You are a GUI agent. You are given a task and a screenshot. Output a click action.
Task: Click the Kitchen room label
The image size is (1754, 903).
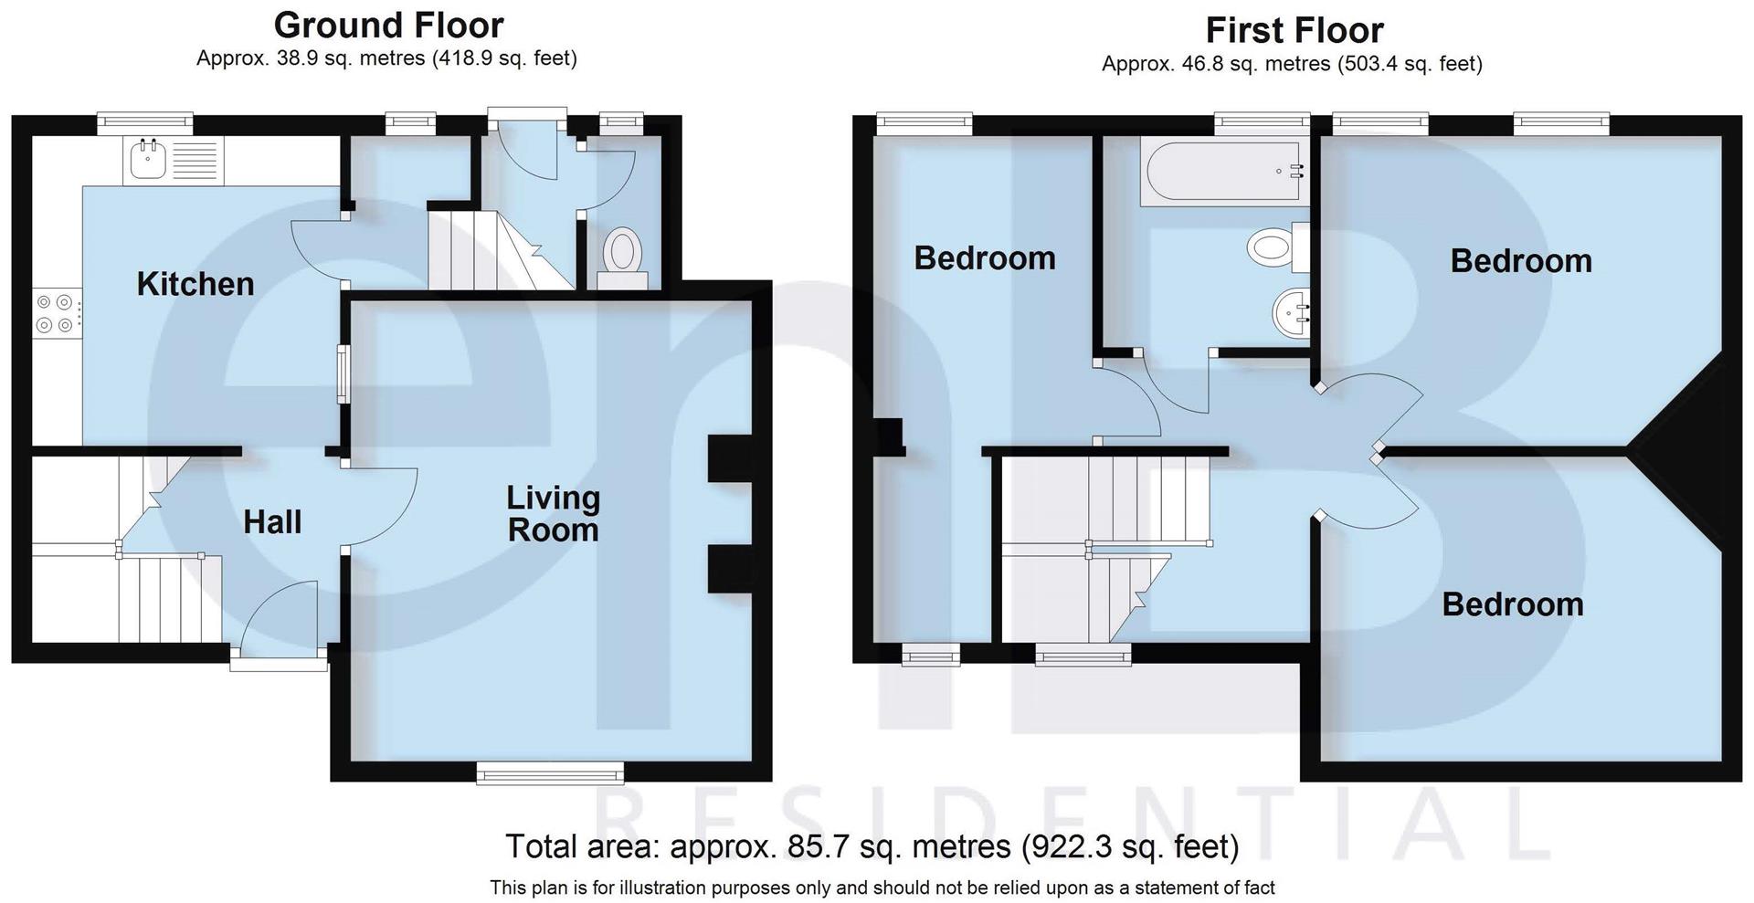coord(195,284)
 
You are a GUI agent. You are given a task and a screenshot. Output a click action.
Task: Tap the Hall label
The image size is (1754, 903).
coord(272,522)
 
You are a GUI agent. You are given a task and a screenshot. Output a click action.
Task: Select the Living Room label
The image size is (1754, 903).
coord(553,513)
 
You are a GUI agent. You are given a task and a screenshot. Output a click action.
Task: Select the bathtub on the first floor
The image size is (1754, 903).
coord(1220,172)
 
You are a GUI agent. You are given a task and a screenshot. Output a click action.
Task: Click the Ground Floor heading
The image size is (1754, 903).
coord(388,25)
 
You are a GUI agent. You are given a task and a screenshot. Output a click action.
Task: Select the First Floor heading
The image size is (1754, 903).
coord(1294,30)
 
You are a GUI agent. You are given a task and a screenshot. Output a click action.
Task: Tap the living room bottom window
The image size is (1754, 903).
coord(551,773)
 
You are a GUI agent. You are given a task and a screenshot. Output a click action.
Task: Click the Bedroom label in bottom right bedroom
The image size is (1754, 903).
coord(1512,604)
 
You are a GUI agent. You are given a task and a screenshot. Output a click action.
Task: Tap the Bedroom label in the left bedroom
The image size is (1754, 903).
coord(984,258)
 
